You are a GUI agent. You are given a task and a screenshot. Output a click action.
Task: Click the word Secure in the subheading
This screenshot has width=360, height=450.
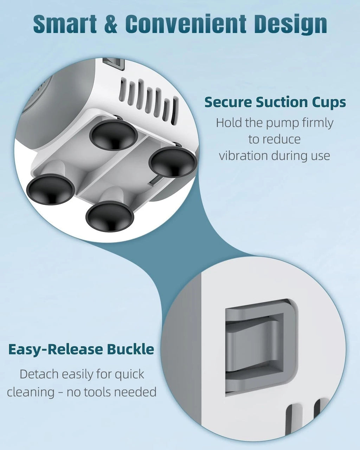point(229,102)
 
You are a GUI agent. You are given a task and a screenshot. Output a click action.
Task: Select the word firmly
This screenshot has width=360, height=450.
point(318,123)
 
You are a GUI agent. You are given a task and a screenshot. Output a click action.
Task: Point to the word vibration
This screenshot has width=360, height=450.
point(244,156)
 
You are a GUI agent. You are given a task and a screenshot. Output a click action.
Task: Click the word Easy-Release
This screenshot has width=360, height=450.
point(55,349)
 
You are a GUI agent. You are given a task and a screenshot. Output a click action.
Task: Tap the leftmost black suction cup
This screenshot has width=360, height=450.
point(51,189)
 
